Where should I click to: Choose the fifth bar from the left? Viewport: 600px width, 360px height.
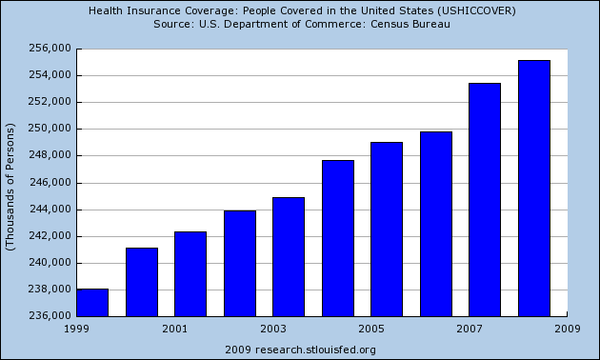coord(289,256)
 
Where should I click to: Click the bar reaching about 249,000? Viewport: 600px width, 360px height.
coord(387,229)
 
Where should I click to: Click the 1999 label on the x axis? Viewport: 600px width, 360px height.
coord(75,328)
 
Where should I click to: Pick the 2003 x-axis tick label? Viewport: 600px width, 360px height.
coord(272,328)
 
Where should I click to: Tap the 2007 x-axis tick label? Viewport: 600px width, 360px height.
coord(470,328)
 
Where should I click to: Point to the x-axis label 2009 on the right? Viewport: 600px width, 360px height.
coord(568,328)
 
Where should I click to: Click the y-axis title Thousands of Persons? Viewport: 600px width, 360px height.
coord(10,187)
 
